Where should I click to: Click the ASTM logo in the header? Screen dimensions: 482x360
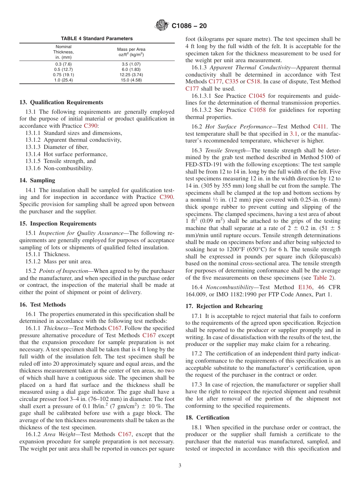pyautogui.click(x=162, y=26)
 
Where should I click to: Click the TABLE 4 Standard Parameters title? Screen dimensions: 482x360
pyautogui.click(x=97, y=39)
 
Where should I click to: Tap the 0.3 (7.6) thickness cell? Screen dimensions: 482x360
pyautogui.click(x=63, y=64)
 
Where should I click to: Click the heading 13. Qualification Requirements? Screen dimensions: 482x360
pyautogui.click(x=61, y=102)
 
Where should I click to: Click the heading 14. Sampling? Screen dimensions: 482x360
pyautogui.click(x=37, y=180)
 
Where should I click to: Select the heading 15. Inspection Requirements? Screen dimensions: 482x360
pyautogui.click(x=58, y=224)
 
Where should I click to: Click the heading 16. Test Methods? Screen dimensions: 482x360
pyautogui.click(x=42, y=305)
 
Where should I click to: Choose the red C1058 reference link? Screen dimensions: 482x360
pyautogui.click(x=257, y=110)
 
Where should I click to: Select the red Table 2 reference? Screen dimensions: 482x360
pyautogui.click(x=323, y=278)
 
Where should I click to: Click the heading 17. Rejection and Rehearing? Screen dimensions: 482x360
pyautogui.click(x=224, y=306)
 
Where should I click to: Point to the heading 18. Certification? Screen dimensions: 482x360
pyautogui.click(x=207, y=418)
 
